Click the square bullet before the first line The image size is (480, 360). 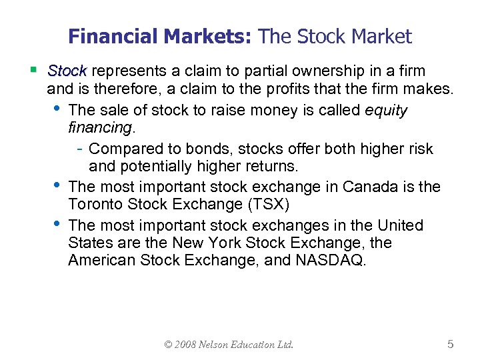click(x=33, y=69)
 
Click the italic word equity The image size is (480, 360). click(x=386, y=110)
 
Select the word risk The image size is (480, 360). click(x=418, y=148)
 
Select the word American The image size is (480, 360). click(x=101, y=260)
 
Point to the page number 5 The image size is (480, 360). click(x=451, y=344)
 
